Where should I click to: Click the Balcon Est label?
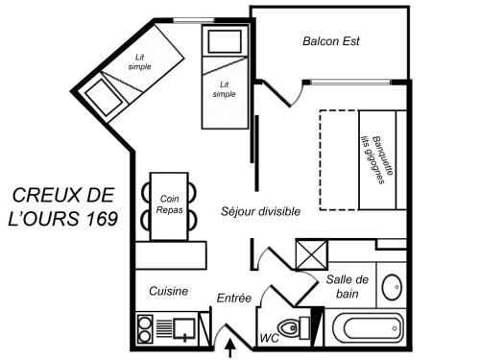click(331, 41)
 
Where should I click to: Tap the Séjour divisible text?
click(260, 211)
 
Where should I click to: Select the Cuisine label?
click(168, 291)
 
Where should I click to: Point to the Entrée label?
click(234, 298)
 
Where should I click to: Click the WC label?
click(269, 338)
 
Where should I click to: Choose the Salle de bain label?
click(348, 286)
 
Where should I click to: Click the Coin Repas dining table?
click(169, 206)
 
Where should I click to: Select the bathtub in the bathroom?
click(369, 328)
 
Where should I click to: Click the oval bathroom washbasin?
click(393, 287)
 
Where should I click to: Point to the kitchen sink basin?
click(184, 328)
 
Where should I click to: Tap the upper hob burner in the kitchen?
click(144, 323)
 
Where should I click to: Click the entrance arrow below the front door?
click(229, 349)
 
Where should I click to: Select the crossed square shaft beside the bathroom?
click(312, 255)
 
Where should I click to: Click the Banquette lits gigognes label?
click(377, 160)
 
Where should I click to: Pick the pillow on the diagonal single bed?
click(104, 97)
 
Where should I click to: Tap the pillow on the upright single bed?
click(225, 41)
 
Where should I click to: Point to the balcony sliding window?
click(350, 83)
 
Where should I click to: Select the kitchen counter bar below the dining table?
click(171, 255)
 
